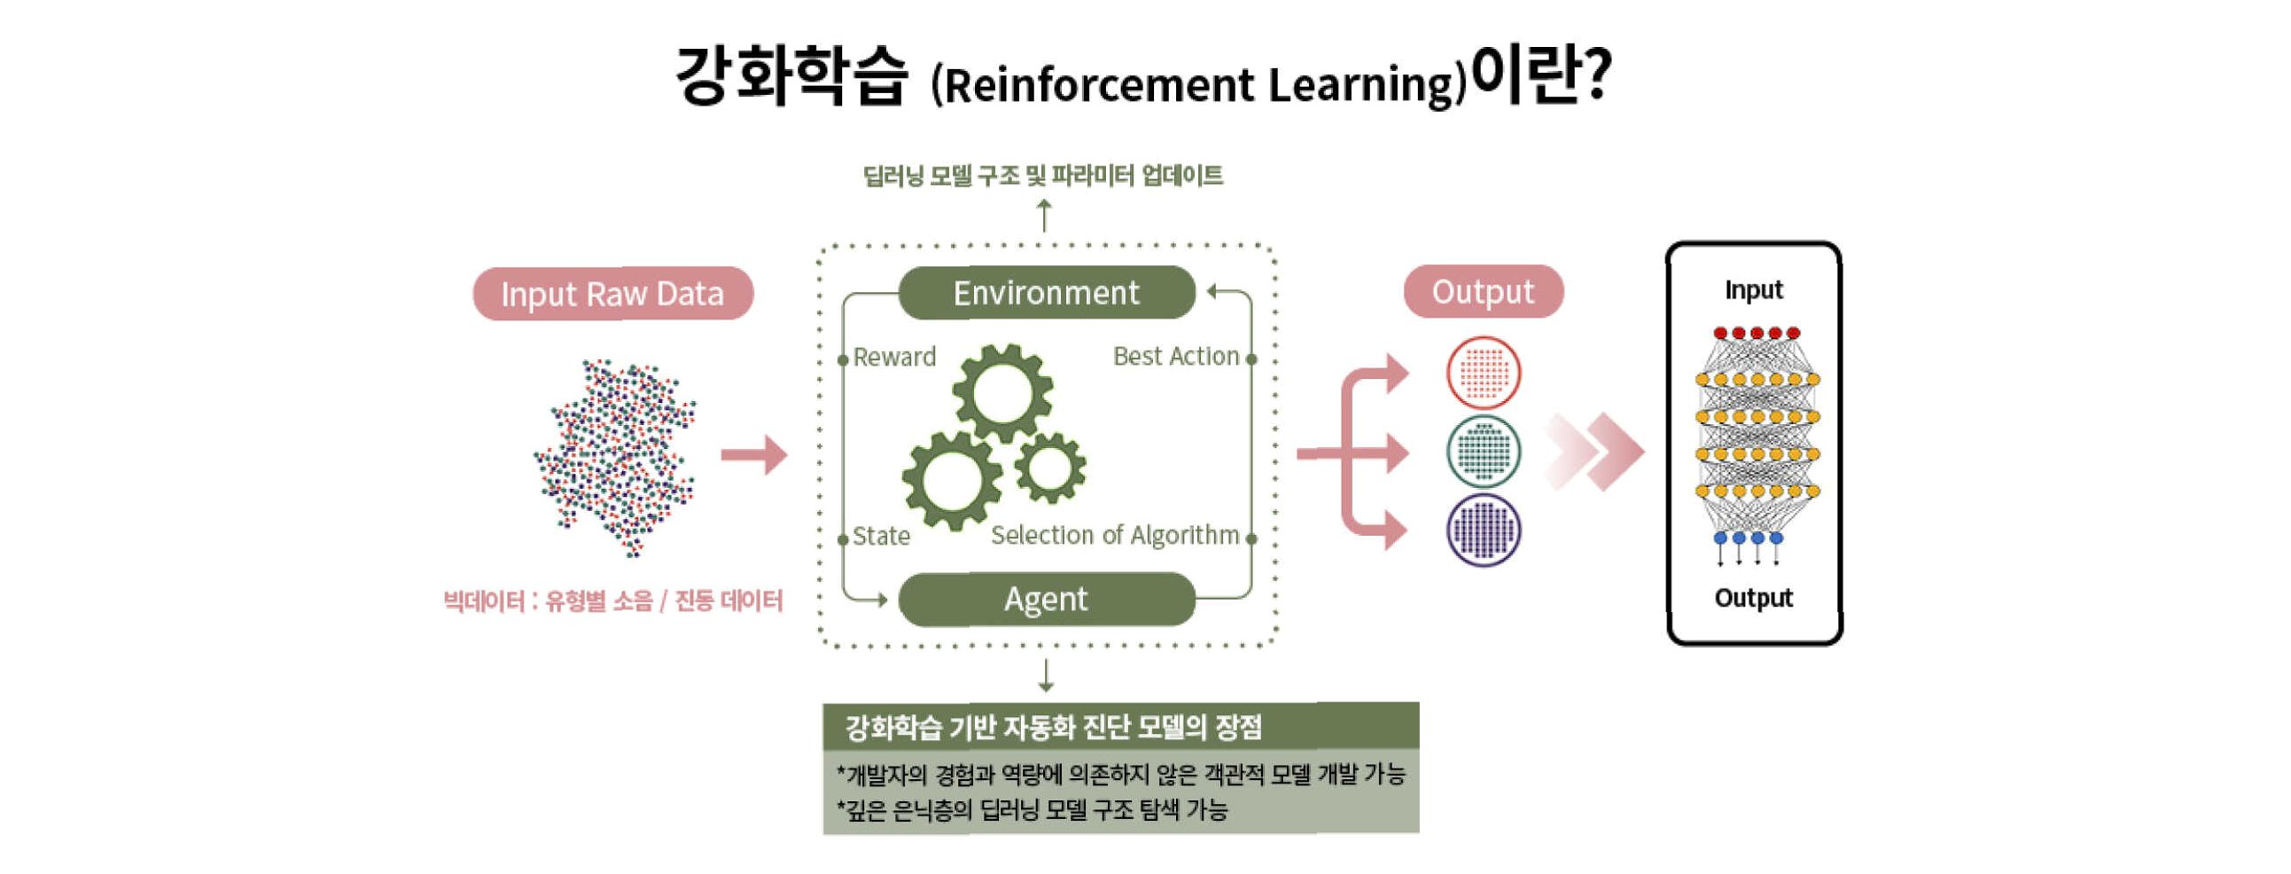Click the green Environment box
[1046, 293]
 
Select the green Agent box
[1046, 599]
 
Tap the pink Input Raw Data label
[612, 294]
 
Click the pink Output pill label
[1483, 292]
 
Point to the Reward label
[894, 358]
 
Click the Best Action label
[1176, 357]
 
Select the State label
[880, 537]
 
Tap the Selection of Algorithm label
[1114, 536]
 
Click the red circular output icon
[1484, 373]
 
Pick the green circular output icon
[1484, 452]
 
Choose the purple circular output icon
[1484, 531]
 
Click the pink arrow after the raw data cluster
[754, 456]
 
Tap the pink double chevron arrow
[1595, 452]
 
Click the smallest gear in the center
[1049, 468]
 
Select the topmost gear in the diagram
[1003, 392]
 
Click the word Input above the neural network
[1753, 290]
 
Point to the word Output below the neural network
[1753, 598]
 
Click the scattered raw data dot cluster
[615, 458]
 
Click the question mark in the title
[1596, 75]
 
